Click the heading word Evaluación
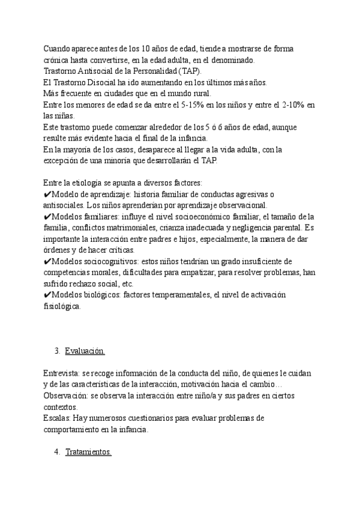(x=84, y=351)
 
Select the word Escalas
(x=57, y=418)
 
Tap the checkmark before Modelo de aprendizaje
(x=47, y=194)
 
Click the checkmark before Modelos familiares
(x=47, y=217)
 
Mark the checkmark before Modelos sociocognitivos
(x=47, y=262)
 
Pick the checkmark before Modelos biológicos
(x=47, y=295)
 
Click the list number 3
(x=56, y=351)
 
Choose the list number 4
(x=56, y=453)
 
